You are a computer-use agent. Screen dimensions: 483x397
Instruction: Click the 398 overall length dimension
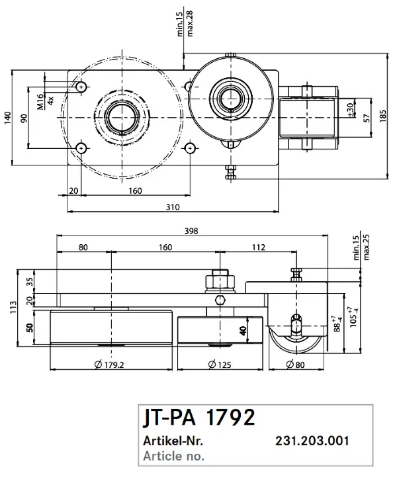click(193, 231)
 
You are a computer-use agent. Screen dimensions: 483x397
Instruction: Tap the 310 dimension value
click(173, 207)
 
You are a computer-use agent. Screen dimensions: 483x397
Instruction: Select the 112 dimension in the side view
click(258, 247)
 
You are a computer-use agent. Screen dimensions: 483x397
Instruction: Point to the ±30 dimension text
click(349, 107)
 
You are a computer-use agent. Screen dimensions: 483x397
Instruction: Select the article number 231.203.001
click(312, 441)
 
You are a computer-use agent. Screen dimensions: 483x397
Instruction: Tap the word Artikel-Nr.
click(173, 441)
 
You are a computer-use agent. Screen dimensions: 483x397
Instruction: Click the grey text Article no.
click(173, 455)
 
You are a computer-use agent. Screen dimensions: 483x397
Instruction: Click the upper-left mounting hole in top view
click(81, 87)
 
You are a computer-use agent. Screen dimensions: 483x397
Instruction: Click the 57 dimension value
click(365, 118)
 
